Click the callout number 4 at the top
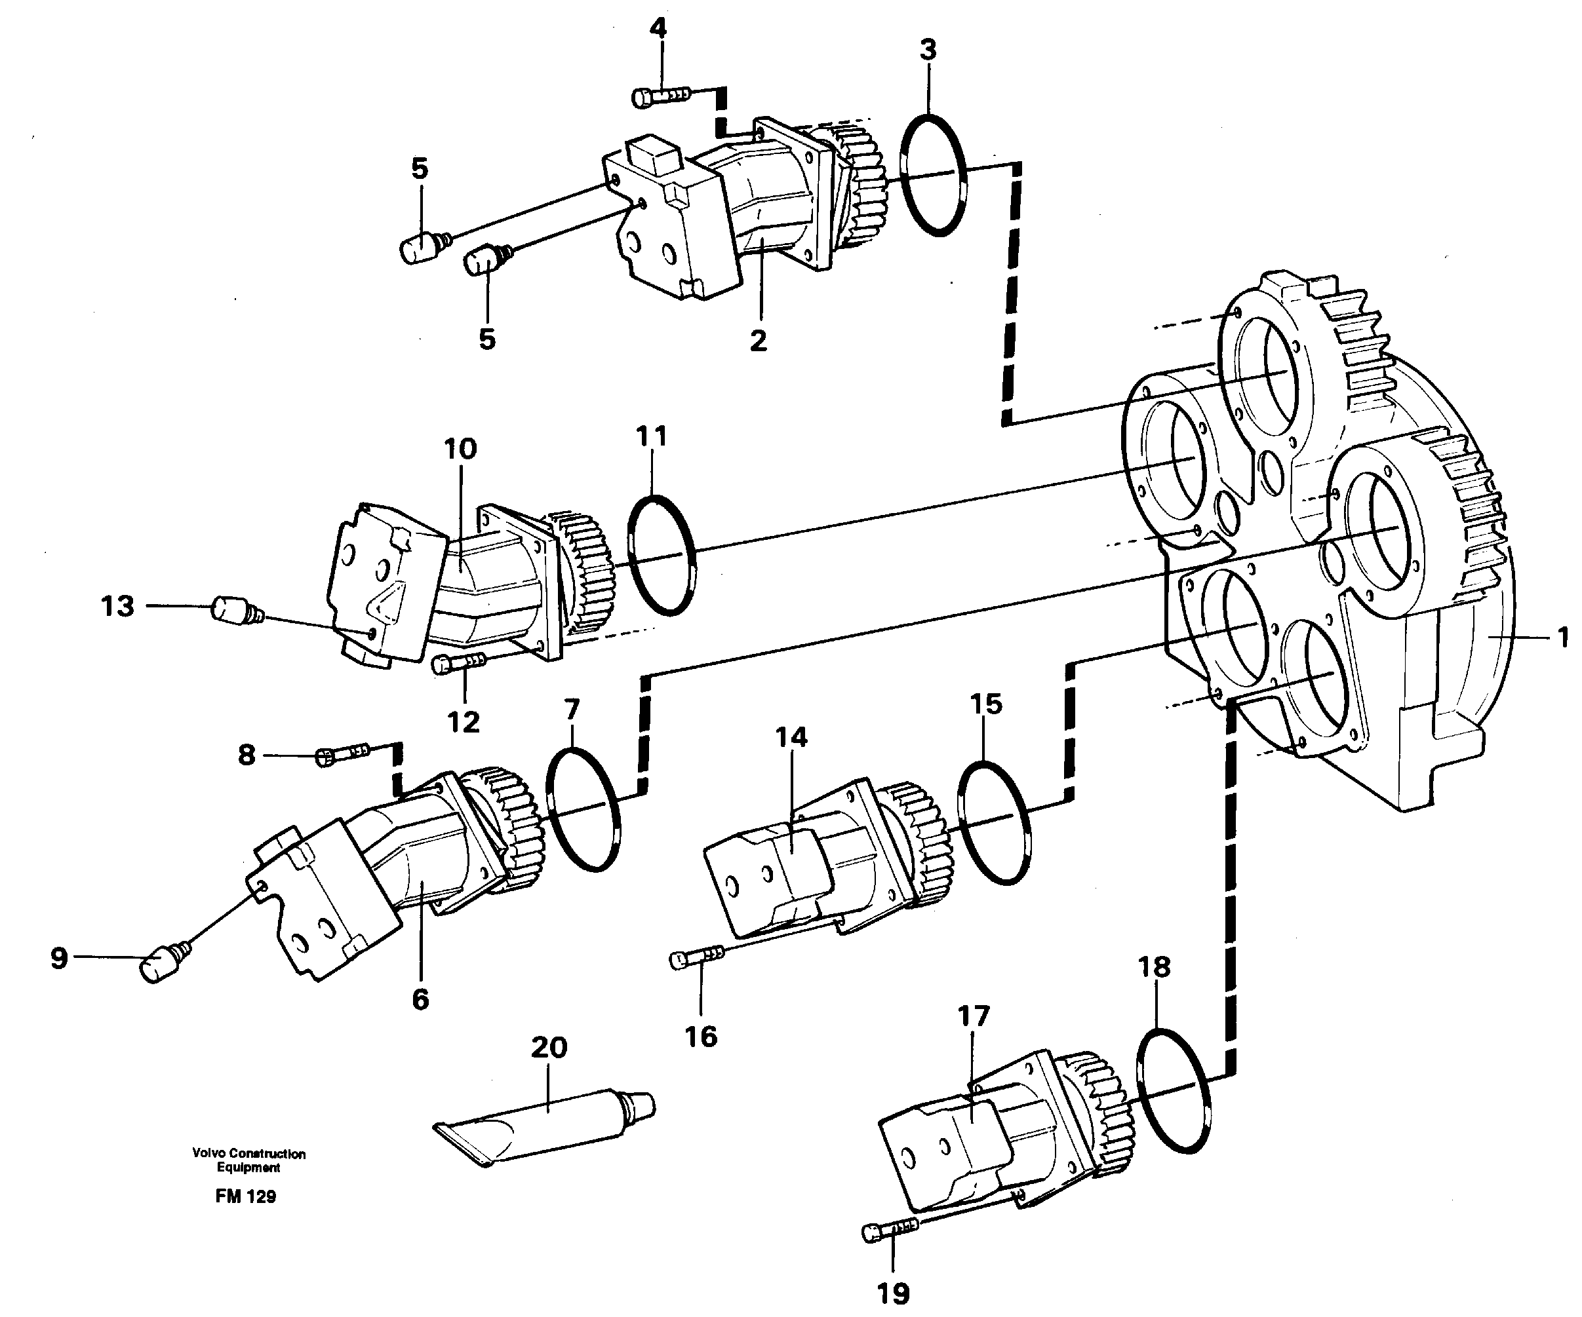(658, 29)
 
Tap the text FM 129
(246, 1196)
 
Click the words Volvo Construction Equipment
(248, 1160)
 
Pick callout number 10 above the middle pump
(460, 449)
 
